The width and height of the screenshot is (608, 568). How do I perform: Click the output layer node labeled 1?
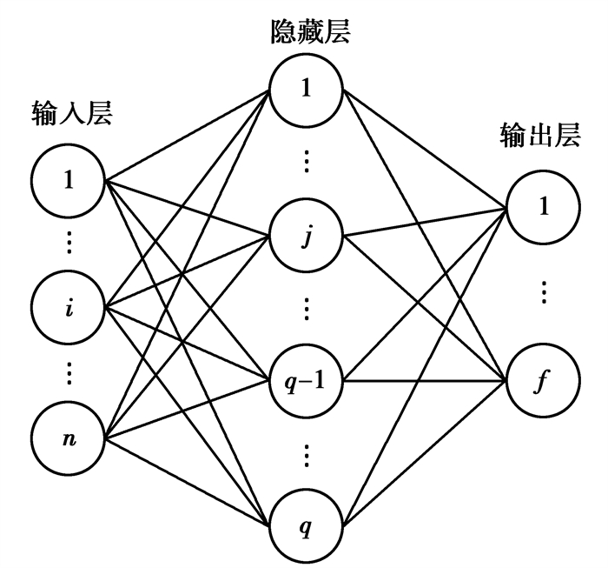[x=544, y=208]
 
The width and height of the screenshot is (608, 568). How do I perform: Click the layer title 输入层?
[x=72, y=114]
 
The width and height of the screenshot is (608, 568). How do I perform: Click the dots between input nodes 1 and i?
[x=69, y=243]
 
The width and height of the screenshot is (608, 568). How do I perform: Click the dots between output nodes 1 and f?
[x=544, y=292]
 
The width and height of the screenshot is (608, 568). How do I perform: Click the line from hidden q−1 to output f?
[x=426, y=381]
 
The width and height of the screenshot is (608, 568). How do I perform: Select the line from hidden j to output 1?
[x=426, y=221]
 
